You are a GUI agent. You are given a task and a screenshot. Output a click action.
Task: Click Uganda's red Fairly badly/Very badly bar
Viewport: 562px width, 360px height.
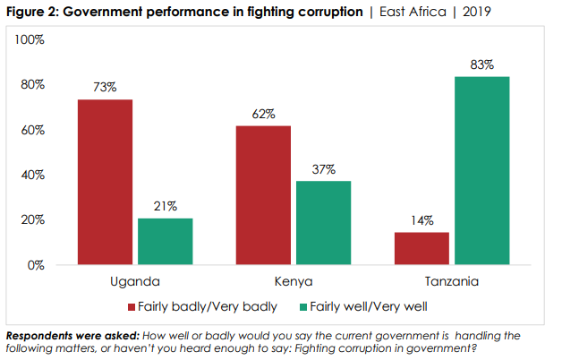point(105,182)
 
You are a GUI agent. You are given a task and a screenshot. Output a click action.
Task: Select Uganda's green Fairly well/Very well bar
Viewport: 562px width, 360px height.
point(165,241)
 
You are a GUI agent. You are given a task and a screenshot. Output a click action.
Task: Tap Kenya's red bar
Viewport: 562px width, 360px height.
point(263,194)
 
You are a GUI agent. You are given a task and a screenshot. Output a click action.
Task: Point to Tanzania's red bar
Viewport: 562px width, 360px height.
point(421,248)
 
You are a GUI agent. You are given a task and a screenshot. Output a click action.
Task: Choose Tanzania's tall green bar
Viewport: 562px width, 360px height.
point(482,170)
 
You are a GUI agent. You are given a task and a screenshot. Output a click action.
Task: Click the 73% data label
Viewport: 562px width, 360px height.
point(105,87)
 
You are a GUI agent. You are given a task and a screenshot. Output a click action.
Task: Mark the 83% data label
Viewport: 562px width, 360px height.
point(482,64)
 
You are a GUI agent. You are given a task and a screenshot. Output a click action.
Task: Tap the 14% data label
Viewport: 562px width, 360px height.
point(421,220)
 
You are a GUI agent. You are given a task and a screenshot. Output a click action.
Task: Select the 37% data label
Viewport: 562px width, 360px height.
point(323,169)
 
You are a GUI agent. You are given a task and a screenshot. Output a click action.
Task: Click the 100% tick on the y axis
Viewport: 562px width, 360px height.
point(30,40)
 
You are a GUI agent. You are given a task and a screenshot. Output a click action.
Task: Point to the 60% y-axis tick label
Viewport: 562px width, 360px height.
point(33,130)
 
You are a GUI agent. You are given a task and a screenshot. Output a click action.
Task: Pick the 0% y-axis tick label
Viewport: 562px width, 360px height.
point(37,265)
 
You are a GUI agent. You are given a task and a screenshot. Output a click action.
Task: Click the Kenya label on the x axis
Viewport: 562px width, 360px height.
point(294,282)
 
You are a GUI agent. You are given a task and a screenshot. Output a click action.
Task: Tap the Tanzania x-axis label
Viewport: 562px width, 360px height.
point(452,282)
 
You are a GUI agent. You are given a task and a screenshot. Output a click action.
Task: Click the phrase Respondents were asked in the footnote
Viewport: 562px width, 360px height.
point(66,335)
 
